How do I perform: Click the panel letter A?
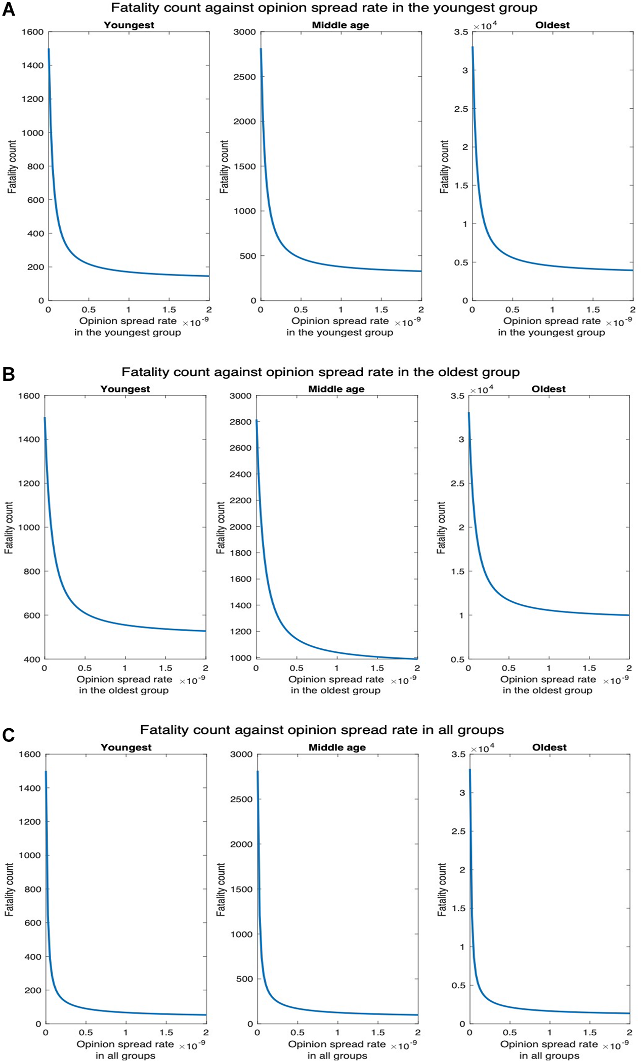(x=9, y=10)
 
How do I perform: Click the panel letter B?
(x=8, y=374)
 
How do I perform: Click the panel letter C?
(x=8, y=735)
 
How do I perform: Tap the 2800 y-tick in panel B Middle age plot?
(x=240, y=422)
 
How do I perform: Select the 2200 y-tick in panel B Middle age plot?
(x=240, y=500)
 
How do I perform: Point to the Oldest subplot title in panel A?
(x=552, y=25)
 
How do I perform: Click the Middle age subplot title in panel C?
(x=337, y=747)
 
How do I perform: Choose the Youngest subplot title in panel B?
(x=125, y=388)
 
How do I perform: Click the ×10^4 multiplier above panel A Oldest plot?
(x=485, y=26)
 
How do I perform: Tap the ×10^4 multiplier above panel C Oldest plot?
(x=483, y=748)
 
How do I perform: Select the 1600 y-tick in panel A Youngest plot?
(x=33, y=32)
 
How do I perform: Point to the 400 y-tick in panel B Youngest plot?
(x=31, y=659)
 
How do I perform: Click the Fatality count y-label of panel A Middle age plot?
(x=224, y=167)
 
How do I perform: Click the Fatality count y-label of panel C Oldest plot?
(x=442, y=890)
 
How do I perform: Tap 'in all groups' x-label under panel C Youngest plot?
(x=125, y=1055)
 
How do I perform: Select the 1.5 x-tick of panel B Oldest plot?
(x=589, y=668)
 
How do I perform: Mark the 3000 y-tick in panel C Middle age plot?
(x=241, y=754)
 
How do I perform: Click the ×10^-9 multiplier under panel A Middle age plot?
(x=407, y=322)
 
